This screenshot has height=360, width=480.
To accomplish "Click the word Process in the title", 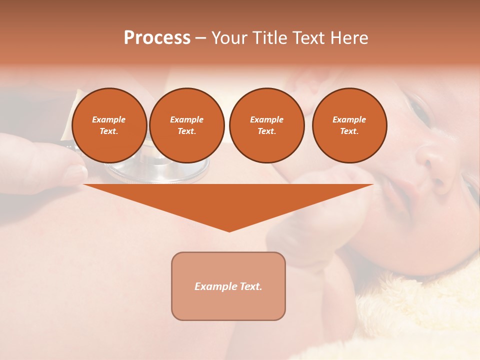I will [157, 38].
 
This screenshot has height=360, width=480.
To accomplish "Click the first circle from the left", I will [109, 125].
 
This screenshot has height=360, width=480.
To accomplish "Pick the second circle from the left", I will [186, 125].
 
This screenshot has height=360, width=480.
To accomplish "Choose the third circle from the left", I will [266, 125].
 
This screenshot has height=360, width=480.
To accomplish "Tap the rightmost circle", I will [349, 125].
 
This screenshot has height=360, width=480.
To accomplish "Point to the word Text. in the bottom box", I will [250, 286].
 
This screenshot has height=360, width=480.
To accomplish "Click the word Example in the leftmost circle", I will [109, 119].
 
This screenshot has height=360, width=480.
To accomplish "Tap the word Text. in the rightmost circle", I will [349, 131].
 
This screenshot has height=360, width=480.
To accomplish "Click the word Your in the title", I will [227, 38].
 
